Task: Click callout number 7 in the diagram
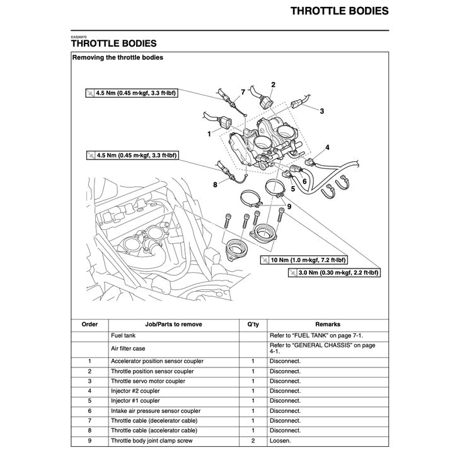point(243,92)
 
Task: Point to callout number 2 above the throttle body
point(273,84)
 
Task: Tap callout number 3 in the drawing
point(321,111)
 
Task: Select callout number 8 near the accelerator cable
point(215,185)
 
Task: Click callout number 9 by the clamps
point(289,206)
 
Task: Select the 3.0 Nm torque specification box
point(334,273)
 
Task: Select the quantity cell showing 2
point(253,441)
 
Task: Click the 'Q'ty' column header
point(253,324)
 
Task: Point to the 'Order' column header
point(90,324)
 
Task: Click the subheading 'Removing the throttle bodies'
point(118,57)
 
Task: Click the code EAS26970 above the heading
point(79,37)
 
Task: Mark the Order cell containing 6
point(90,411)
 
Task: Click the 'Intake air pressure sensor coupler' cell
point(156,411)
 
